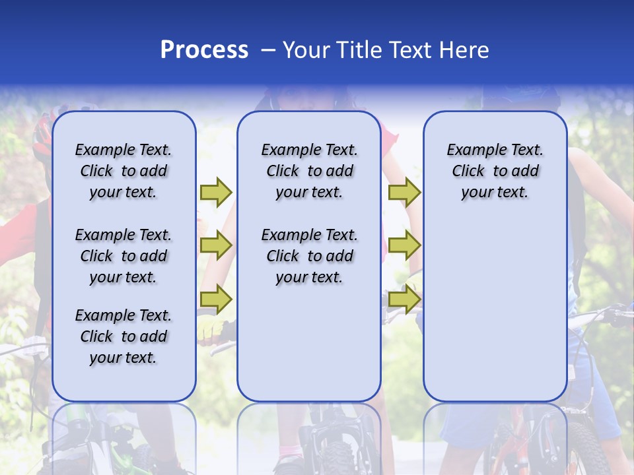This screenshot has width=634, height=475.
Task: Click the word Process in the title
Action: coord(204,50)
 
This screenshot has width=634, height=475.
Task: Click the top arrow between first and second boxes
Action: coord(216,192)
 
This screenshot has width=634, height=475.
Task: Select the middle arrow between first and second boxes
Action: coord(216,245)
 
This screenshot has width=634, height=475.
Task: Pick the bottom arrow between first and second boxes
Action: coord(216,300)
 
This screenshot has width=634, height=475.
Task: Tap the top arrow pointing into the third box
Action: coord(404,192)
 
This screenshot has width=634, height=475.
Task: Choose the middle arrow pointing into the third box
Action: coord(404,245)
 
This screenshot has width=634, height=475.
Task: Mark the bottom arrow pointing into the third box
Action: coord(404,300)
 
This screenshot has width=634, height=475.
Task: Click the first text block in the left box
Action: coord(123,171)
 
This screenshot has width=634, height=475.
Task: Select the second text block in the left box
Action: coord(123,256)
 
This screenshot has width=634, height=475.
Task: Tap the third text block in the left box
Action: coord(123,336)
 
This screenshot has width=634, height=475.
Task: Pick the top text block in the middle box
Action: coord(309,171)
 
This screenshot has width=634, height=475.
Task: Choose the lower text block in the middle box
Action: coord(309,256)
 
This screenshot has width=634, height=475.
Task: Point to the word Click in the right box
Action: coord(468,172)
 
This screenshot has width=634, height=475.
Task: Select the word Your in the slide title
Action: coord(303,50)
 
